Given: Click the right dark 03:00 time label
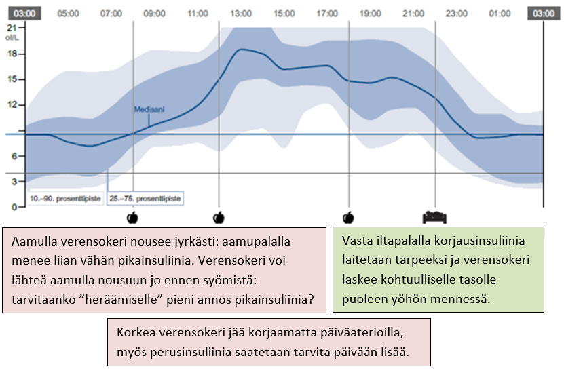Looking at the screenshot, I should click(542, 13).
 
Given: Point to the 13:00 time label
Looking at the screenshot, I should click(241, 13).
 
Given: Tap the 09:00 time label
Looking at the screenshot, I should click(155, 13).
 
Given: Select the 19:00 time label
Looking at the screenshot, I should click(371, 13).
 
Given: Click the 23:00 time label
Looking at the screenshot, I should click(457, 13).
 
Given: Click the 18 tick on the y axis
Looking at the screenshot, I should click(11, 54).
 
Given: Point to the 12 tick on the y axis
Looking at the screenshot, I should click(11, 104).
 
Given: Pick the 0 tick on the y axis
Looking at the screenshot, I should click(14, 206).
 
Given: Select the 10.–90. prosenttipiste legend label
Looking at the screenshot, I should click(66, 199).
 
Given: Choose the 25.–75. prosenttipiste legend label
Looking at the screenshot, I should click(146, 199).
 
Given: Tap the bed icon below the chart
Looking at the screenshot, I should click(434, 217).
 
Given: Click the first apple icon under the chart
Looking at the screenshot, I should click(133, 217).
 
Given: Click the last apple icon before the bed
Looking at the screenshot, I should click(349, 217).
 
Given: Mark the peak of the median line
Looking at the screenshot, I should click(242, 49).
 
